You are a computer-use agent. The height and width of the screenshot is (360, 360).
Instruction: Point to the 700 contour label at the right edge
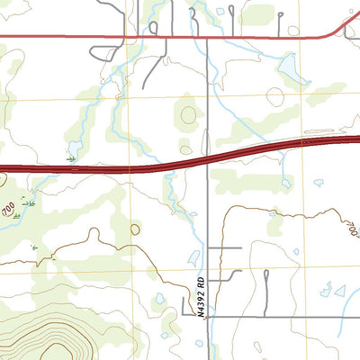click(351, 230)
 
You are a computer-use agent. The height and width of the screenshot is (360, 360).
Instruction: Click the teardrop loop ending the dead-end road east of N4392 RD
click(266, 287)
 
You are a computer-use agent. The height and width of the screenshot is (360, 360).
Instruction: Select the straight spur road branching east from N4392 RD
click(225, 247)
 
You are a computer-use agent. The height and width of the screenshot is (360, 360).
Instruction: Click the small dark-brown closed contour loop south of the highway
click(135, 229)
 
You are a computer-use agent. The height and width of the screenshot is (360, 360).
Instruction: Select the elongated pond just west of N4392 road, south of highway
click(192, 256)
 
